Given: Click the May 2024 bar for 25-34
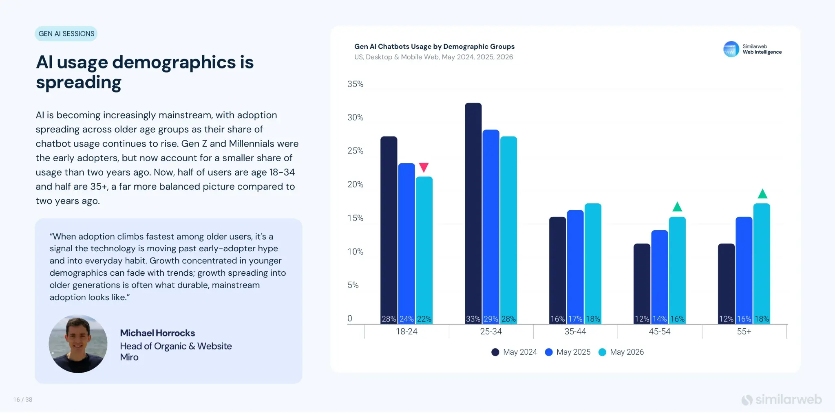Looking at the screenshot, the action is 473,213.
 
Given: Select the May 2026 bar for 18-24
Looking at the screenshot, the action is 424,250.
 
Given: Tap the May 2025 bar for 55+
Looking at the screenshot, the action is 744,270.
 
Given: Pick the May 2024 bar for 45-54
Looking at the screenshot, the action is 642,284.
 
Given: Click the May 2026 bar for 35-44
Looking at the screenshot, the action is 593,264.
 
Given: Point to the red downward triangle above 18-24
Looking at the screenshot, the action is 424,167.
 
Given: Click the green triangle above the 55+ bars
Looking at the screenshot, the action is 762,193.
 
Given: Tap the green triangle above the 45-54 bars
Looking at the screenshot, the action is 677,207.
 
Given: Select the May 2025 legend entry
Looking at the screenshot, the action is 568,352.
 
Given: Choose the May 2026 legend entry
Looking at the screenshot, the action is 621,352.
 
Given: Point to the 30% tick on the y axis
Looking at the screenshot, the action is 355,117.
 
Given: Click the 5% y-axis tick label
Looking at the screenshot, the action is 353,285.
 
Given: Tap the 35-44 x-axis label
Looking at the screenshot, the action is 575,332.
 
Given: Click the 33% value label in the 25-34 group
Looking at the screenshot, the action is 473,319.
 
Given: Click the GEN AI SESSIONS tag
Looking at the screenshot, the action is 66,34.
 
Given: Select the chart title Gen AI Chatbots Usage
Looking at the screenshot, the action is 434,46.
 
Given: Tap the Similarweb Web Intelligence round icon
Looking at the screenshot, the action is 731,49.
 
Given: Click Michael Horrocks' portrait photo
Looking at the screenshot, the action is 78,344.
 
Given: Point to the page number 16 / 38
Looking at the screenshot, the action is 23,400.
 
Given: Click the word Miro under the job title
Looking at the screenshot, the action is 129,357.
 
